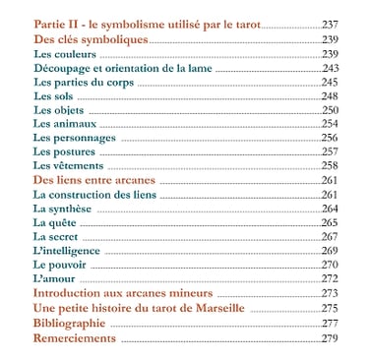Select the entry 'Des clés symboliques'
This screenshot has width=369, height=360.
[x=90, y=39]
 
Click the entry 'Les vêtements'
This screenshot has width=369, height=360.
[x=69, y=166]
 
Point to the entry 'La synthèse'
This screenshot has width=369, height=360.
[x=63, y=209]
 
